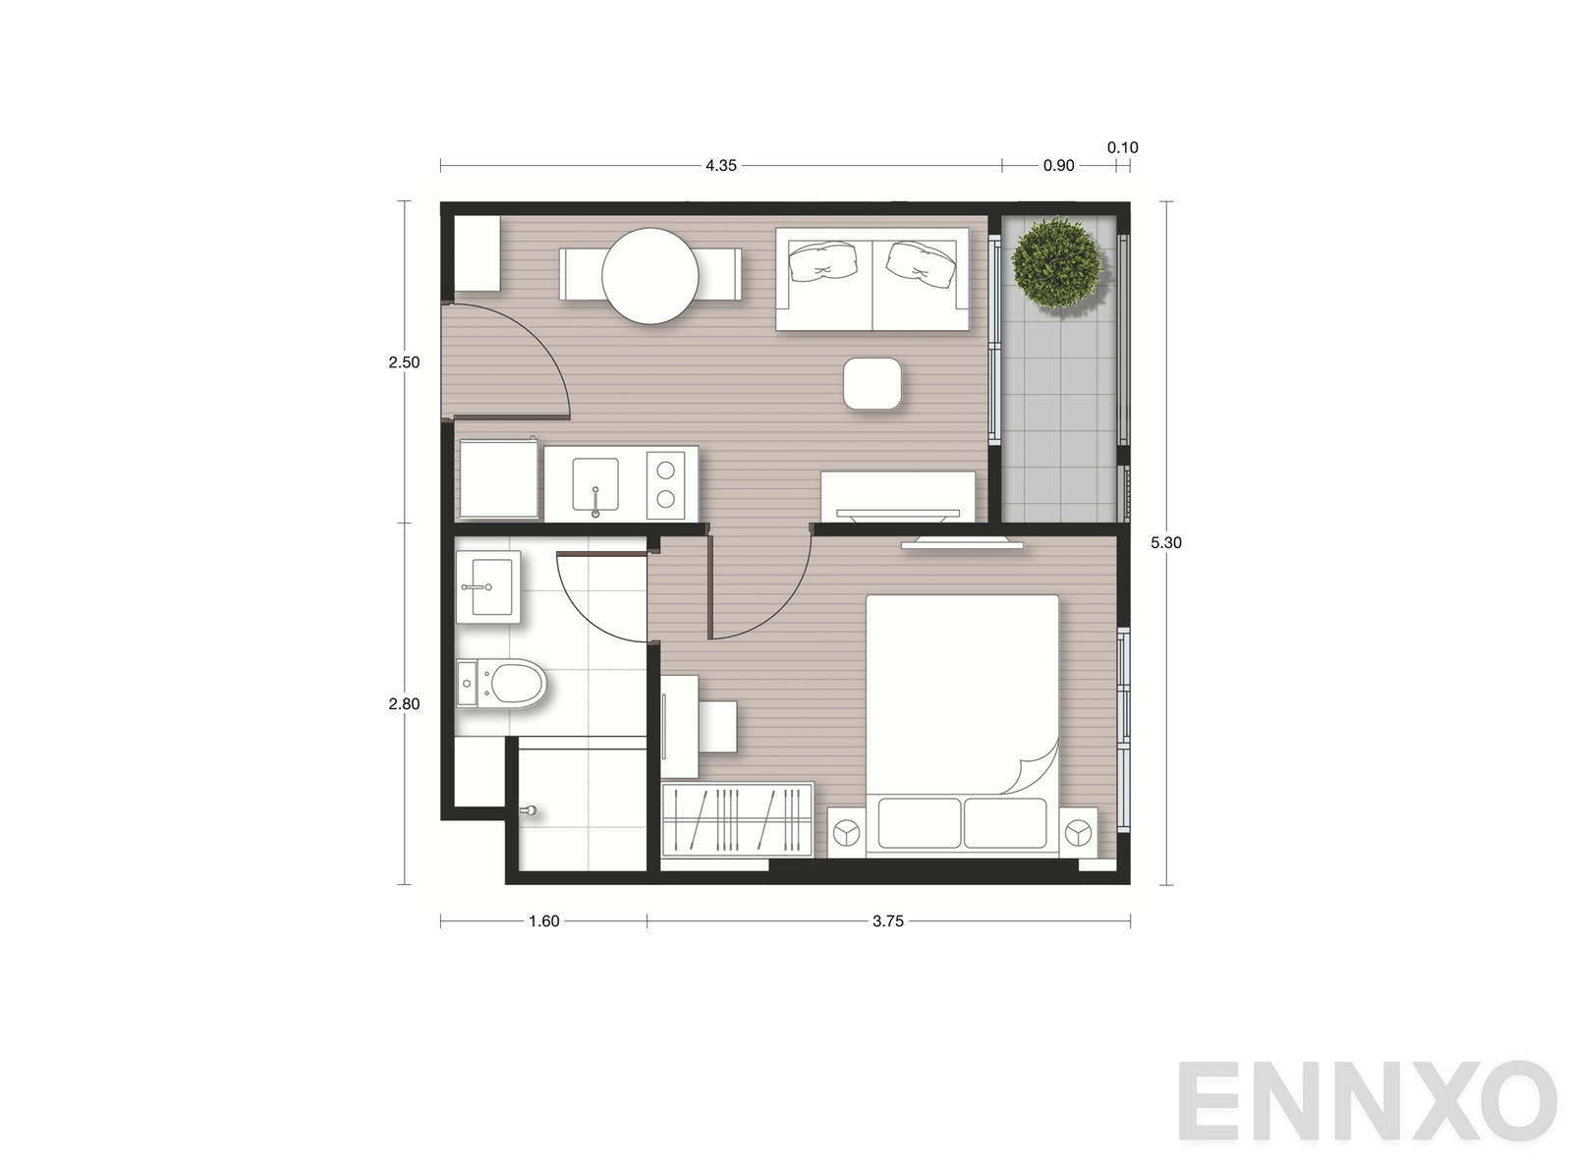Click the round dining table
[x=649, y=276]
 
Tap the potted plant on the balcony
[x=1057, y=263]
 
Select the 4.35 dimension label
[x=721, y=166]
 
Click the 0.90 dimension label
[x=1058, y=166]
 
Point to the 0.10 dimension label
[x=1123, y=147]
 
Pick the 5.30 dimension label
[x=1166, y=543]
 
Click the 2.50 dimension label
[x=404, y=362]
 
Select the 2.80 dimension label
[x=404, y=704]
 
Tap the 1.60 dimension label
[x=544, y=920]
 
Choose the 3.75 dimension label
[x=888, y=920]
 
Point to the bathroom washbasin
[x=488, y=587]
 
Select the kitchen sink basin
[x=595, y=483]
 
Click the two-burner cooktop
[x=665, y=485]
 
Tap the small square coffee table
[x=872, y=383]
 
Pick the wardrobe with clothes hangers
[x=738, y=819]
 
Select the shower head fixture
[x=528, y=810]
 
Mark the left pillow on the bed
[x=920, y=823]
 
